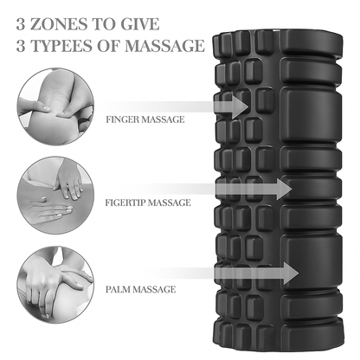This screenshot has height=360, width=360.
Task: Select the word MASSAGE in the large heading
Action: click(x=165, y=44)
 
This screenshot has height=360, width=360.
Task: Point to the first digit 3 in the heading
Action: click(x=22, y=18)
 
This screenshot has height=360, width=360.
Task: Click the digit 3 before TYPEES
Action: click(x=22, y=44)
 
